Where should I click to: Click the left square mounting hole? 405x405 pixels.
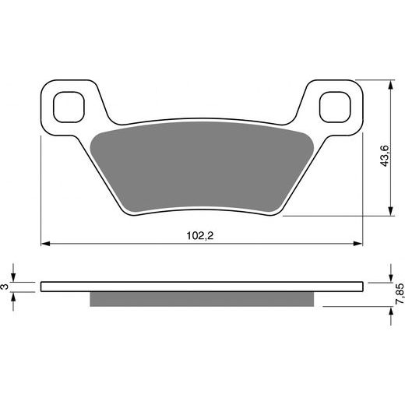click(x=68, y=104)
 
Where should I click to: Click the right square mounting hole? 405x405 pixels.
click(x=335, y=104)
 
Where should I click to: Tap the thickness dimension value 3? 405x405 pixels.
click(x=6, y=287)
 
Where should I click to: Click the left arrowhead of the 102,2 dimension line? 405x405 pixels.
click(x=44, y=244)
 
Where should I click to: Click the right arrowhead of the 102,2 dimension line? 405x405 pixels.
click(x=359, y=244)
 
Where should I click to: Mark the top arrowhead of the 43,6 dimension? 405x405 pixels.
click(x=389, y=82)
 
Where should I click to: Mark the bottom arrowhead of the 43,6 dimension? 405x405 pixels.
click(x=389, y=212)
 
